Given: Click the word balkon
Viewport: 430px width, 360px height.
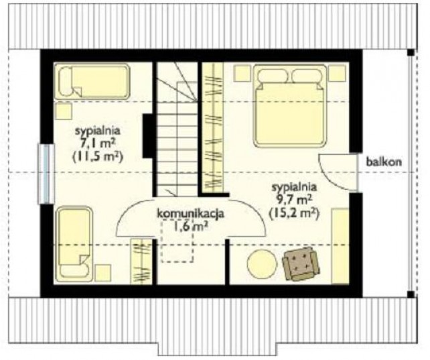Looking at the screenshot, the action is click(384, 162).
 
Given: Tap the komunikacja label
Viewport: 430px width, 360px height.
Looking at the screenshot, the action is click(190, 213).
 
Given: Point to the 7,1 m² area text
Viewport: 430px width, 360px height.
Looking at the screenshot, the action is click(98, 143).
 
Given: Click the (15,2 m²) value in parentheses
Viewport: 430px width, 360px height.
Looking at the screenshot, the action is click(294, 213).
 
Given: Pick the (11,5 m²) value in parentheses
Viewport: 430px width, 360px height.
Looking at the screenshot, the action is click(98, 157).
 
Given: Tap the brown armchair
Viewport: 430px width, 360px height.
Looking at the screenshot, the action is click(301, 264).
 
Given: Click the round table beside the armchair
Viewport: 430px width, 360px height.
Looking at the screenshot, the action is click(262, 264).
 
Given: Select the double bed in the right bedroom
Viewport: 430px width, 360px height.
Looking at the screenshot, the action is click(290, 105).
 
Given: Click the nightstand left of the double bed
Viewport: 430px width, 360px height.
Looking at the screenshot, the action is click(242, 73).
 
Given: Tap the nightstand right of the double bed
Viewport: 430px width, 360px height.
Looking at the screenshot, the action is click(337, 73).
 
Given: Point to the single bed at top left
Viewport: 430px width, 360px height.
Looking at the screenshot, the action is click(92, 81).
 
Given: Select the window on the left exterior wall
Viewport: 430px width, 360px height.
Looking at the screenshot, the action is click(46, 174).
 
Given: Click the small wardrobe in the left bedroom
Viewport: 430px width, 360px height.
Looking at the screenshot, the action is click(141, 261).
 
